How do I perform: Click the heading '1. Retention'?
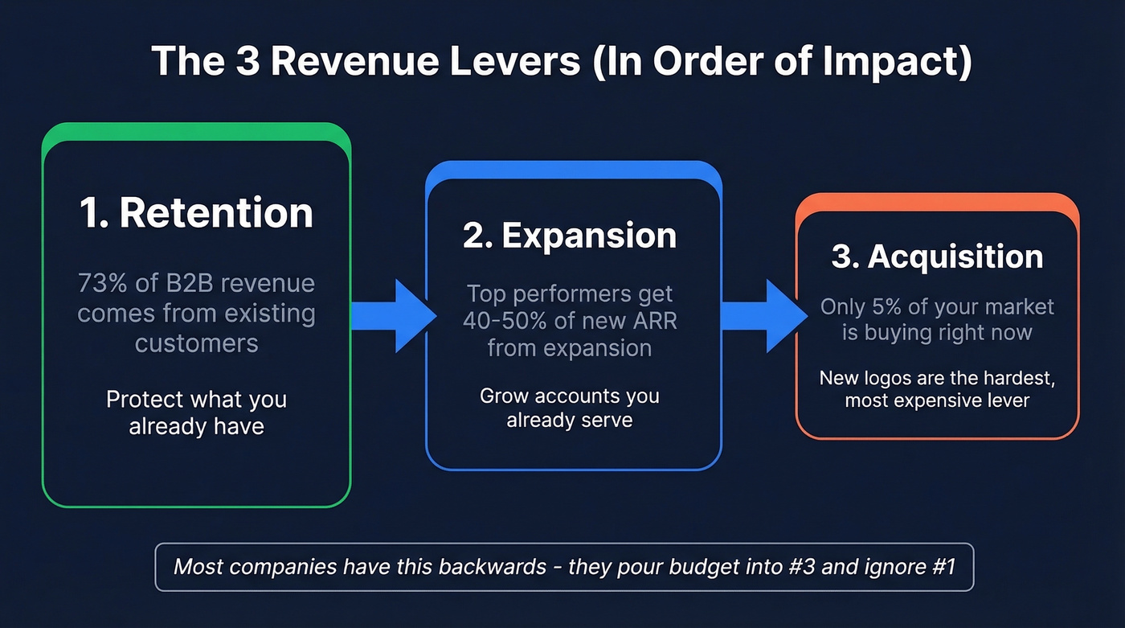tap(196, 213)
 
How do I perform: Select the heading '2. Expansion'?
tap(569, 236)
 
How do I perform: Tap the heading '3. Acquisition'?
tap(937, 257)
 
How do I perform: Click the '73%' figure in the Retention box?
tap(99, 284)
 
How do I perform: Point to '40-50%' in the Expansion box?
tap(501, 321)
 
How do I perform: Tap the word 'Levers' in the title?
tap(505, 61)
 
